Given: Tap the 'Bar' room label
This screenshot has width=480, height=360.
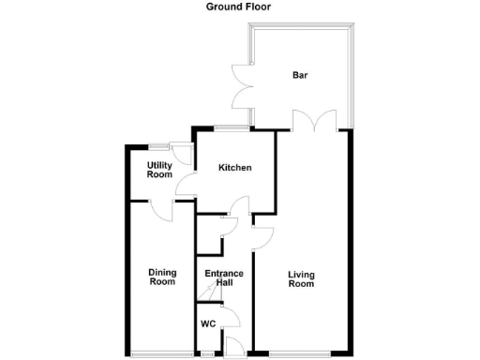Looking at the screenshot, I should pos(300,75).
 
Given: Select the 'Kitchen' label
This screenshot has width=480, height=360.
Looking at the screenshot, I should pos(235,168).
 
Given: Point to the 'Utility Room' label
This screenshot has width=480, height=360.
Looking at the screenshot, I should pos(159,170).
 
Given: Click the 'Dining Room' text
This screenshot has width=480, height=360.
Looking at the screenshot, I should pos(162,277).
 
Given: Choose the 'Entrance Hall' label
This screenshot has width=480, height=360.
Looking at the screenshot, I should pos(224,277).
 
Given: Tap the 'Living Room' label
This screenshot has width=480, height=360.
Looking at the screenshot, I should pos(300,277).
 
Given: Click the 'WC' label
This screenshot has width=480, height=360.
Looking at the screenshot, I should pos(208,324).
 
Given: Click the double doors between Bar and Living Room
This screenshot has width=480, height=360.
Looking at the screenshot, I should pos(313,121).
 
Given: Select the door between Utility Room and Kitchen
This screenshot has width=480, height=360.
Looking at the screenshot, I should pos(185,185).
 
